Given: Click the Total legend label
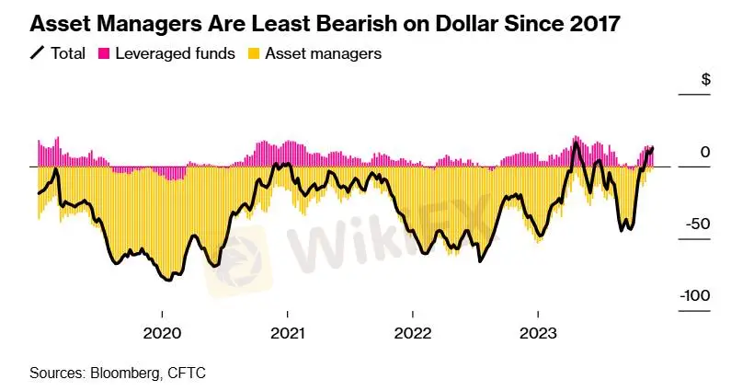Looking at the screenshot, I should [68, 53].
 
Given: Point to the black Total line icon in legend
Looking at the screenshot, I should [39, 53].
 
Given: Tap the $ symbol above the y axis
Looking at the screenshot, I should [706, 80].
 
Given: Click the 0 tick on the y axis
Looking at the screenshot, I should [704, 152].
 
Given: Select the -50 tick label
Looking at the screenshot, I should [698, 224].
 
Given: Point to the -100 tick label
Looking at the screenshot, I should [694, 295].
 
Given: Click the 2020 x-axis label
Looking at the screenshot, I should [162, 332].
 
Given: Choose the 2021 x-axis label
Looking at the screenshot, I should [288, 332].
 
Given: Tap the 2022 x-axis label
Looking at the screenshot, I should [413, 332].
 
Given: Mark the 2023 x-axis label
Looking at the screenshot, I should [538, 332].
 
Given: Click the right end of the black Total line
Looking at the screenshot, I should [652, 148].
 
